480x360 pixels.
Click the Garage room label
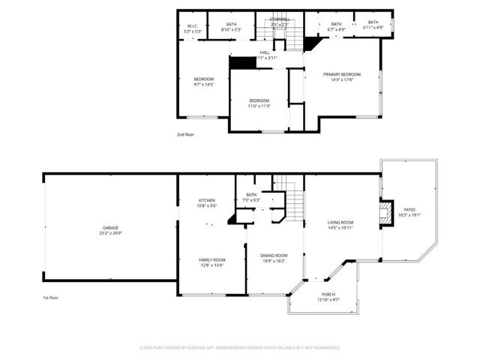pos(110,227)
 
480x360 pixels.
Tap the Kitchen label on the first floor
pos(207,200)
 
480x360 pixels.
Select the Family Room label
pos(211,259)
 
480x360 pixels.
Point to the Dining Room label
pos(273,256)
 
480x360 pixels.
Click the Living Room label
pos(340,223)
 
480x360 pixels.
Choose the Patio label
pos(409,210)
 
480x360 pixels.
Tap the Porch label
pos(328,295)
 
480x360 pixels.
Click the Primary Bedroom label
pos(342,74)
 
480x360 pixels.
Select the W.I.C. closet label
pos(191,26)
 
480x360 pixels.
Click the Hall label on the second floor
pos(265,52)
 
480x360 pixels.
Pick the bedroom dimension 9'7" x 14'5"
pos(204,85)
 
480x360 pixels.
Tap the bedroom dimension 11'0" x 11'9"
pos(259,106)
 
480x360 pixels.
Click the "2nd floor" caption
pos(185,134)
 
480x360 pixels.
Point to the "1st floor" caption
pos(51,298)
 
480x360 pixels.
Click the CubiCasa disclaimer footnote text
pos(240,348)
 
